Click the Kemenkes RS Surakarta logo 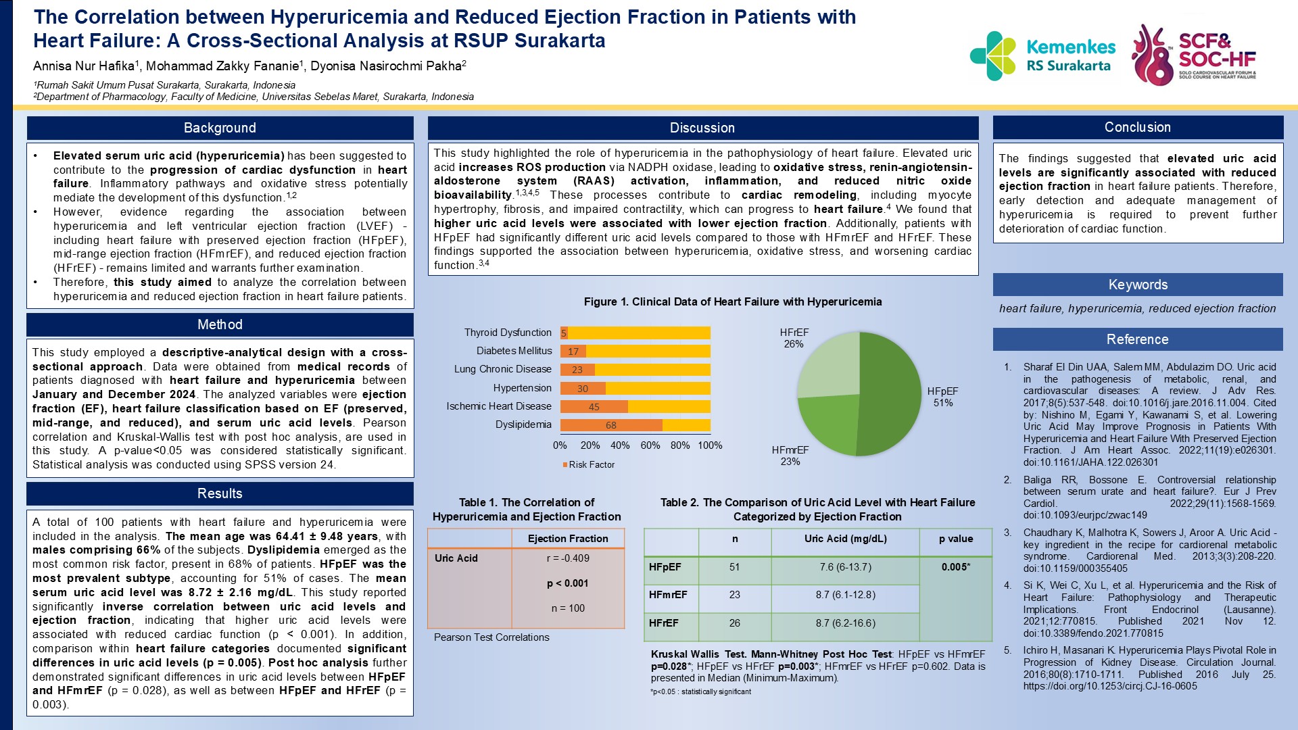click(1042, 56)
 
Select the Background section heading click(220, 128)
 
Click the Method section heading click(220, 324)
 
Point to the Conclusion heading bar click(1137, 127)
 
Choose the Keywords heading click(1137, 285)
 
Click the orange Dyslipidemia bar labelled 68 click(610, 425)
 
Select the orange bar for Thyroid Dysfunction click(564, 333)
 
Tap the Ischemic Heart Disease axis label click(498, 406)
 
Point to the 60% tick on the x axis click(650, 445)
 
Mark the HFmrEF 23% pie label click(790, 456)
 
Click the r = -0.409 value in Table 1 click(568, 558)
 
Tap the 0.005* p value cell click(955, 567)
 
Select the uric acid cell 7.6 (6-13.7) click(845, 567)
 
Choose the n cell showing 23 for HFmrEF click(734, 595)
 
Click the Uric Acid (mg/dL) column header click(845, 539)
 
